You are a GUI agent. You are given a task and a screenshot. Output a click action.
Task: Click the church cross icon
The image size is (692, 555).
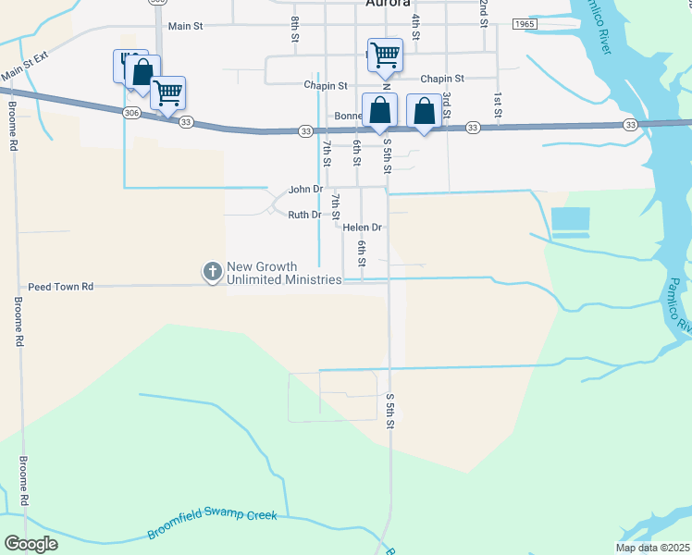click(212, 271)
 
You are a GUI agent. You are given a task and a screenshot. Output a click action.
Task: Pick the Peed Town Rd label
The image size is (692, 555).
click(61, 287)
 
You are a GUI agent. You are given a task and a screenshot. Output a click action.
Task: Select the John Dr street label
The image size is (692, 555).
click(305, 189)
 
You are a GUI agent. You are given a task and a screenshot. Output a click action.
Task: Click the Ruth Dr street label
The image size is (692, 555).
click(303, 215)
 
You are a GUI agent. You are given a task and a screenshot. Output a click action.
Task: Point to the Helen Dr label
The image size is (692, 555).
click(362, 227)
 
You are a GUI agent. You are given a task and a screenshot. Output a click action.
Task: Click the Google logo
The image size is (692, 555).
click(31, 544)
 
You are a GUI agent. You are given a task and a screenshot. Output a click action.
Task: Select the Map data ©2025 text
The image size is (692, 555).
click(652, 548)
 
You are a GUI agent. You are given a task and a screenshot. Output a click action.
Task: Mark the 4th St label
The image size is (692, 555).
click(416, 25)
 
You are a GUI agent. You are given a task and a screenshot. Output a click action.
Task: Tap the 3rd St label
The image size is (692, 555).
click(446, 103)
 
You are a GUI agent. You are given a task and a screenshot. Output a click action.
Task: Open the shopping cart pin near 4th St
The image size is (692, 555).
click(384, 54)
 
